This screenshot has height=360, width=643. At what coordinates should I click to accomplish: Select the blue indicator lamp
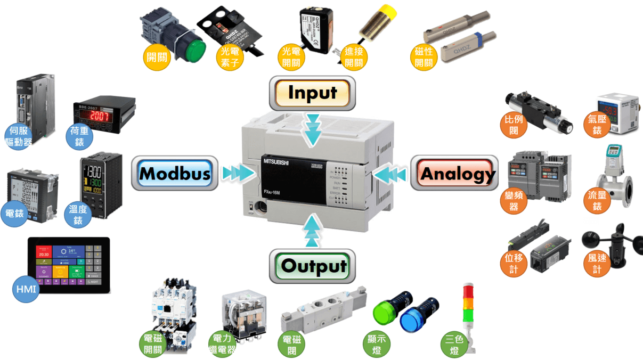click(411, 320)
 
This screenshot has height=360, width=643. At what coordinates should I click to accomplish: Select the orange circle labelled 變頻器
click(513, 201)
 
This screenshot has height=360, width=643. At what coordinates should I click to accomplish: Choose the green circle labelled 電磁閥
click(291, 344)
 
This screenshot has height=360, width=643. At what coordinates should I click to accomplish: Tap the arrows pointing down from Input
click(312, 130)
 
